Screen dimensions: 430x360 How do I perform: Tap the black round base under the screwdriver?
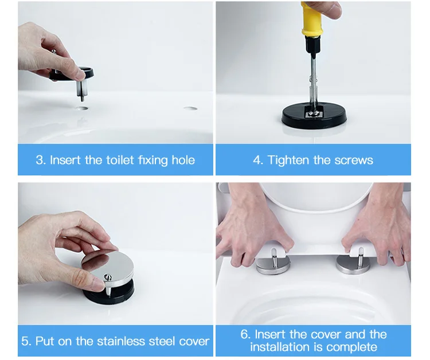(314, 119)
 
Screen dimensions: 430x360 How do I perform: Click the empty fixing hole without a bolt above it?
(190, 108)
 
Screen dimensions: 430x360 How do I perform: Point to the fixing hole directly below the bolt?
(82, 108)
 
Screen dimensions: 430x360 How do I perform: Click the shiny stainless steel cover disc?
(108, 267)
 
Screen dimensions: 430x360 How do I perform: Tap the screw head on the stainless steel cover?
(108, 277)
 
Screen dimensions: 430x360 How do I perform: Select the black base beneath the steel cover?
(110, 294)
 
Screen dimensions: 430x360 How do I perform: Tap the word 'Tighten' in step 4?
(288, 160)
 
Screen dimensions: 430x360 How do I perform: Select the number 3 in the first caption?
(39, 160)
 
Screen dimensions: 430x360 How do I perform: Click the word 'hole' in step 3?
(183, 160)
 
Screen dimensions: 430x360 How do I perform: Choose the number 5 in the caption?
(25, 342)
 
